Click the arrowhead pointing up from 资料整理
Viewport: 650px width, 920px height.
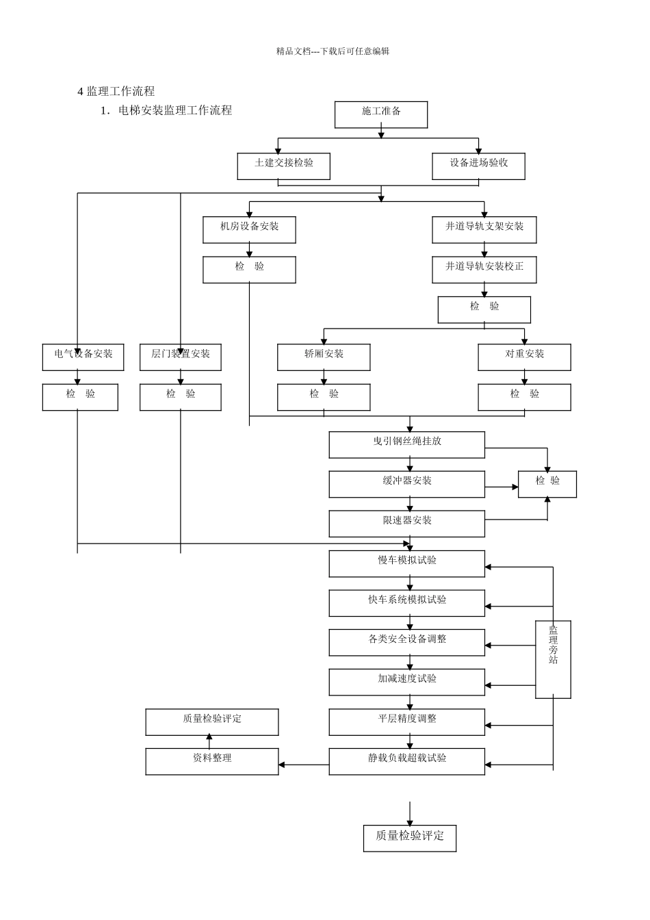coord(209,737)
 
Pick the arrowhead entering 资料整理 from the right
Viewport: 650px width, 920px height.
coord(282,765)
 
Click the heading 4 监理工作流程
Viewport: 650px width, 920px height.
coord(116,91)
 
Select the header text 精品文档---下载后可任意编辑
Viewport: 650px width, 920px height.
coord(333,51)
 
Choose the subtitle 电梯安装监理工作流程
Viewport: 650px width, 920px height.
coord(175,110)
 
